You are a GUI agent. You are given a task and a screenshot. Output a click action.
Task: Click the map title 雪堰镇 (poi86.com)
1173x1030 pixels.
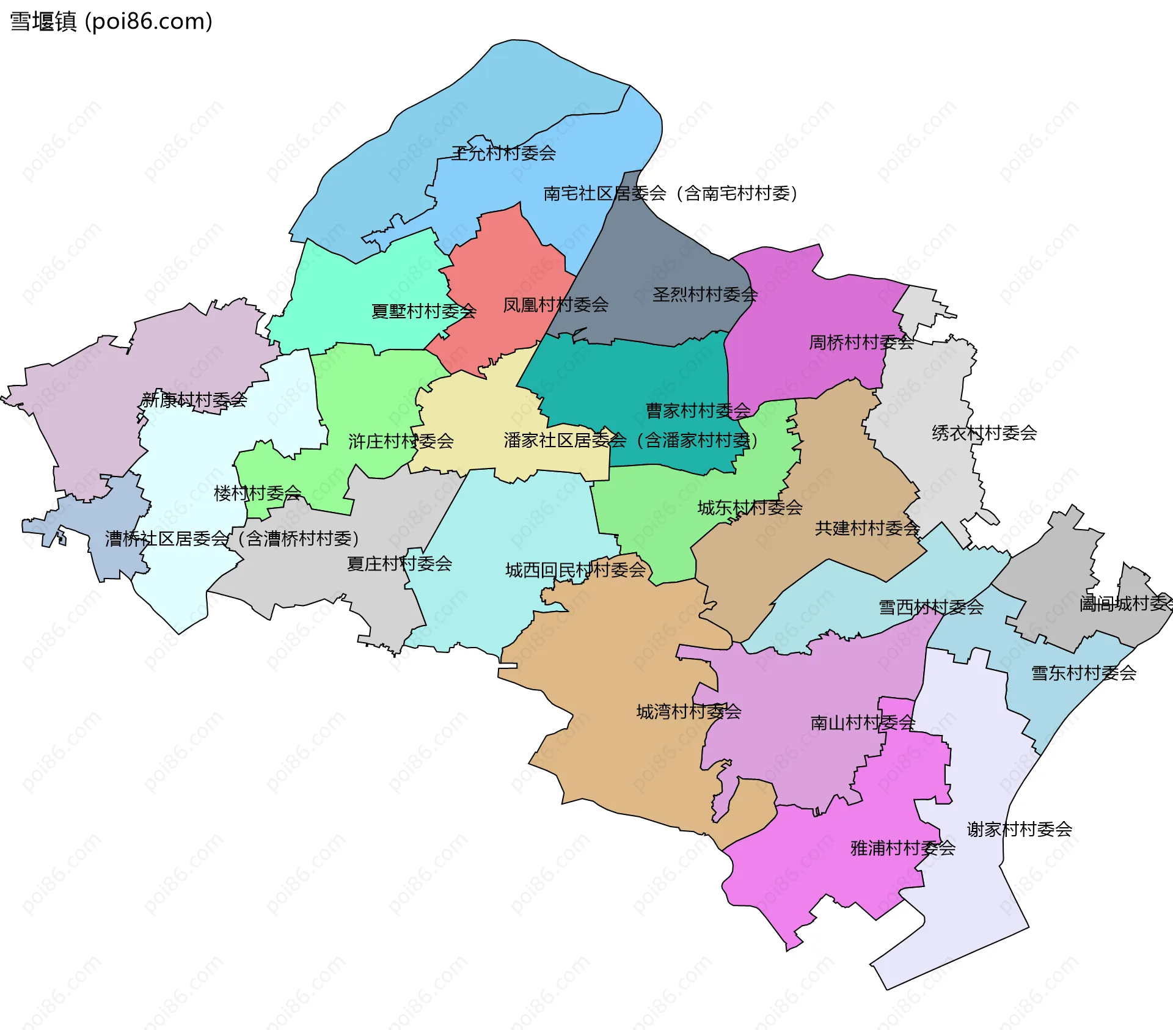point(111,21)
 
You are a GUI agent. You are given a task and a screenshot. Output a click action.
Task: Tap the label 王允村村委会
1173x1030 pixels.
point(503,153)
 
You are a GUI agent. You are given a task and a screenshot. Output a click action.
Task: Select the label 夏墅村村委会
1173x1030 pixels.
point(423,312)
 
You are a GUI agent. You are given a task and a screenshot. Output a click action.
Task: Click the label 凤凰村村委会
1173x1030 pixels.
point(555,304)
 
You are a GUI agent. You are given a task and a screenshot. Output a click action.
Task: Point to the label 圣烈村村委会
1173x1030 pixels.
point(704,294)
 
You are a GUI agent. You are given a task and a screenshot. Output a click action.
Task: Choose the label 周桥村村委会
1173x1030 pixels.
point(861,342)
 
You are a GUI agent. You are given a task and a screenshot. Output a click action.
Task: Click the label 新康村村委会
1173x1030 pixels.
point(194,400)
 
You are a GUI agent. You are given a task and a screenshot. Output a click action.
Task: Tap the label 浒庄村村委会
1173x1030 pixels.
point(401,441)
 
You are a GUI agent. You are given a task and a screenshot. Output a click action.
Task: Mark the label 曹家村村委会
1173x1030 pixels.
point(698,411)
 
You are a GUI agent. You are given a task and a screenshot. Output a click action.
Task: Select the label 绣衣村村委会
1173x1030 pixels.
point(984,433)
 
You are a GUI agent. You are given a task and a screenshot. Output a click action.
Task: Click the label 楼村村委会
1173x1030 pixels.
point(257,493)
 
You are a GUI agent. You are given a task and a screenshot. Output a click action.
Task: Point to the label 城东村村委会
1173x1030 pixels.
point(750,508)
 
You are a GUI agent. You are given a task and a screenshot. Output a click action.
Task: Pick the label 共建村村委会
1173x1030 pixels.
point(867,528)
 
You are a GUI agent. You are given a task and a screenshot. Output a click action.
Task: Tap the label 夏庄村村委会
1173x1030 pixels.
point(399,564)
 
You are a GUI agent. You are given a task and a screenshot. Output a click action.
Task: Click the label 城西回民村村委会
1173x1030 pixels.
point(575,570)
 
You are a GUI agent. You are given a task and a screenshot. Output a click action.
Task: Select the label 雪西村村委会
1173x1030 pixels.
point(930,607)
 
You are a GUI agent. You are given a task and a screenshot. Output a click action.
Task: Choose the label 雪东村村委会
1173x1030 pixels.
point(1083,673)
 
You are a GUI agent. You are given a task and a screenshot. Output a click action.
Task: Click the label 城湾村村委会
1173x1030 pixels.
point(689,712)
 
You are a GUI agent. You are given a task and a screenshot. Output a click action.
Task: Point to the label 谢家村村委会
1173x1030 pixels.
point(1019,830)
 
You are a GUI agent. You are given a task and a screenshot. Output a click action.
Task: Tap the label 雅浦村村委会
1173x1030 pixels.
point(902,848)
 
